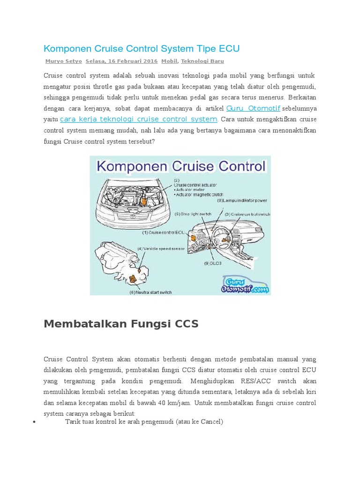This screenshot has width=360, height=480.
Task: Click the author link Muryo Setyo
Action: tap(63, 61)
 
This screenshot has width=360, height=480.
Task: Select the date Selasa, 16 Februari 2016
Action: tap(121, 61)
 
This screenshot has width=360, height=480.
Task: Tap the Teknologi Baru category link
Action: tap(202, 61)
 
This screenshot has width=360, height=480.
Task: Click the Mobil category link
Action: tap(169, 61)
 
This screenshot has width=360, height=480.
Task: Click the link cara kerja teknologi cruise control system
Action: tap(139, 119)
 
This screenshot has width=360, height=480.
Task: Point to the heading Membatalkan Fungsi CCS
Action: tap(121, 324)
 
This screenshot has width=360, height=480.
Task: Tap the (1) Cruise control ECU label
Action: tap(164, 232)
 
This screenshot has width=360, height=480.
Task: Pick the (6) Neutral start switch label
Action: tap(150, 292)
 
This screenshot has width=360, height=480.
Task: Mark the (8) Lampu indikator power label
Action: tap(242, 200)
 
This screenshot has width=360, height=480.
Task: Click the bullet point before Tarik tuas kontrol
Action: tap(35, 422)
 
